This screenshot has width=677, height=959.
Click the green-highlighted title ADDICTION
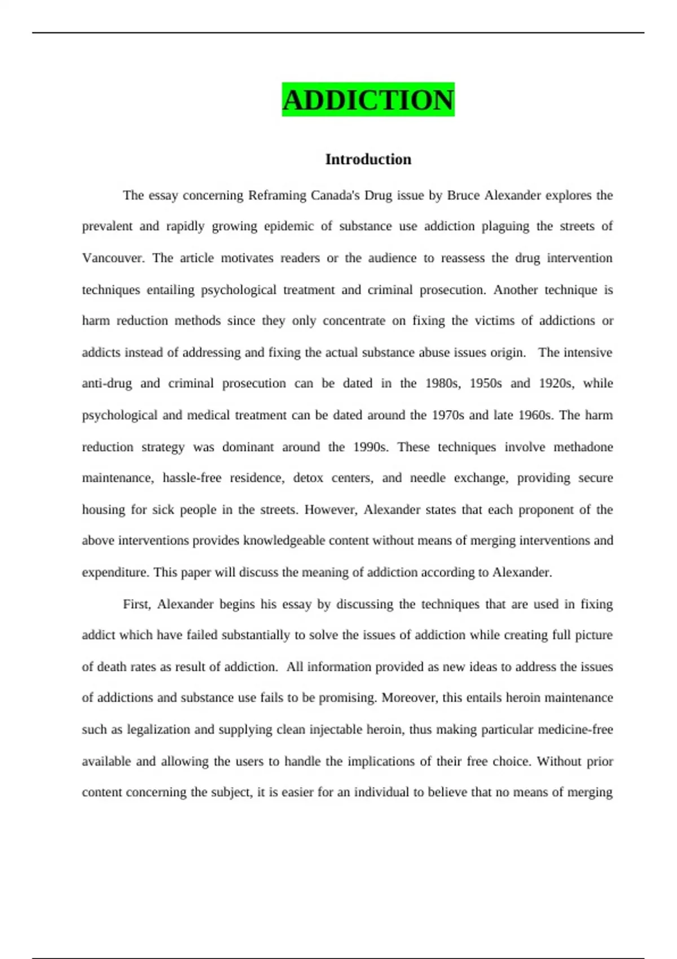368,100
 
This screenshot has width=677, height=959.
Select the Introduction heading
368,160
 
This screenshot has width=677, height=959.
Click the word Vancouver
113,258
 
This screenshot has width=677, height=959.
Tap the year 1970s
447,415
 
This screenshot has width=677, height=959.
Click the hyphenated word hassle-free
192,478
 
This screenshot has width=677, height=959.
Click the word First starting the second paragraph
136,604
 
